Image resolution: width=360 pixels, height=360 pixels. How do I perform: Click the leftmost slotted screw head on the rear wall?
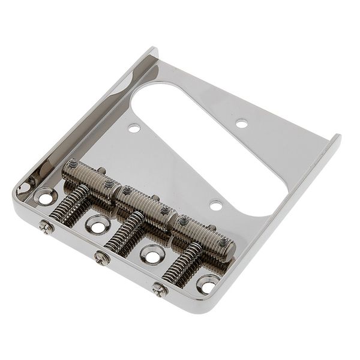point(44,227)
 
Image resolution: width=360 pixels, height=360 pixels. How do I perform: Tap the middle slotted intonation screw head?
point(101,259)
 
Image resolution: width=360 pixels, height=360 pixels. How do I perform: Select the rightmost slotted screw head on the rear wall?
point(159,289)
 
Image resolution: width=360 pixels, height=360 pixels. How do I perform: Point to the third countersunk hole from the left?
point(151,254)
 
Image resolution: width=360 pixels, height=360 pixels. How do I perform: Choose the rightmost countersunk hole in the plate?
point(207,283)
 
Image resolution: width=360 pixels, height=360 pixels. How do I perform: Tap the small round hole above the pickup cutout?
point(242,124)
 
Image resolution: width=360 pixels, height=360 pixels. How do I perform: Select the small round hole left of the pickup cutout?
point(134,128)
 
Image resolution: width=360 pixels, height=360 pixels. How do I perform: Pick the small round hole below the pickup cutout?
point(215,206)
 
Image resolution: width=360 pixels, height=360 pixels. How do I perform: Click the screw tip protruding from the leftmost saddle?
point(102,170)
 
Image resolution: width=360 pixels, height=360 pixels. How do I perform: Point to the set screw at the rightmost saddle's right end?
point(223,242)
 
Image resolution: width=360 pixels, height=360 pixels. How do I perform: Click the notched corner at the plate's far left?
point(23,189)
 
